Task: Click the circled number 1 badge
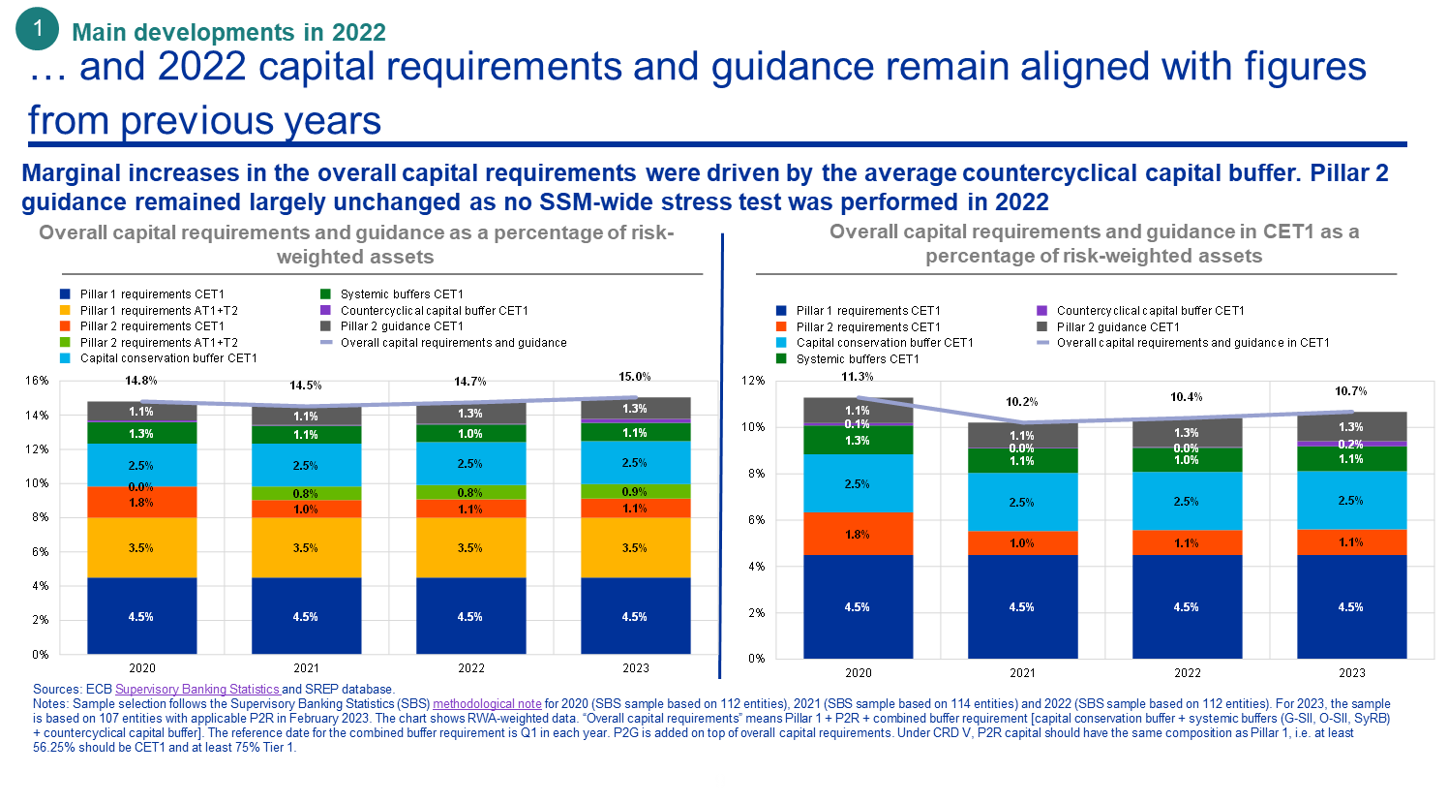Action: (38, 29)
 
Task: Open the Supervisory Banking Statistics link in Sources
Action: (197, 689)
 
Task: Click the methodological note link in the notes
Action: (487, 703)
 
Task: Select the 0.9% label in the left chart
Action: (634, 492)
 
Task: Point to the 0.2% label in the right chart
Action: (1350, 444)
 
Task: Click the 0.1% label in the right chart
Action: (857, 424)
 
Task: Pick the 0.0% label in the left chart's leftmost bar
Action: (140, 487)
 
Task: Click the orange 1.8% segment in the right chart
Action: (858, 534)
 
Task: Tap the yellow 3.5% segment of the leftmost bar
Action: (141, 548)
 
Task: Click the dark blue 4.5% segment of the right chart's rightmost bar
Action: (1351, 607)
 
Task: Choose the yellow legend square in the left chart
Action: (65, 310)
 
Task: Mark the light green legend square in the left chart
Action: (65, 342)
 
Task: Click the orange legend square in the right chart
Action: (781, 326)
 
